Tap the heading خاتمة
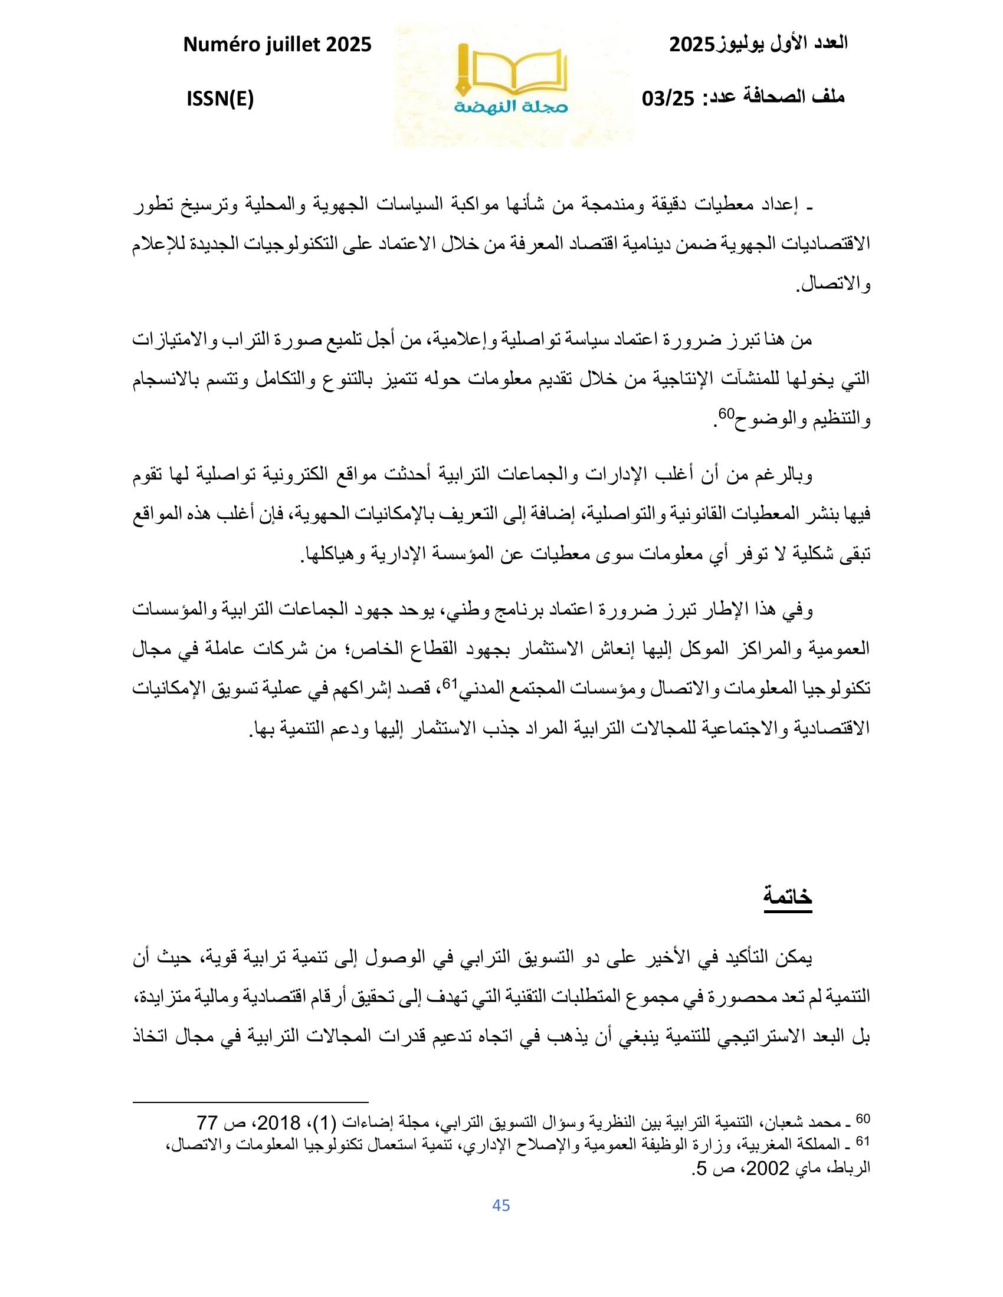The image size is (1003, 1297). (788, 896)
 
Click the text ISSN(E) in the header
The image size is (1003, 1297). (220, 99)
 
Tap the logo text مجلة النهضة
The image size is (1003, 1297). (512, 107)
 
